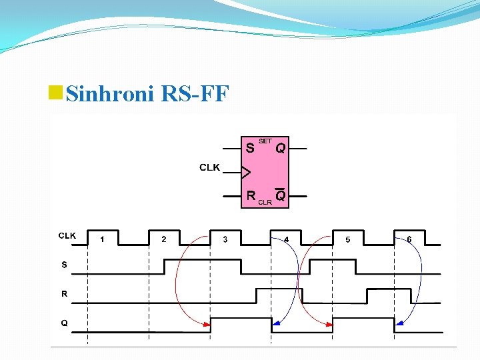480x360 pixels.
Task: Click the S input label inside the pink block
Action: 249,147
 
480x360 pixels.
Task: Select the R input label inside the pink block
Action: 251,196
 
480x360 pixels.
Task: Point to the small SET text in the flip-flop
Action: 265,141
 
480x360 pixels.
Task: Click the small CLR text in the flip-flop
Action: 265,202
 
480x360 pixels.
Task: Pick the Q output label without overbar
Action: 281,149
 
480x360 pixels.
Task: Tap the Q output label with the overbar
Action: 281,196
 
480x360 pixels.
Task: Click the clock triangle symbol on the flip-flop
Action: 245,173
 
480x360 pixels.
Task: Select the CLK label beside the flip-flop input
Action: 209,167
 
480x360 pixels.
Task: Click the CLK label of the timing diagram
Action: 67,235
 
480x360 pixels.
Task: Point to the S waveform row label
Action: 64,265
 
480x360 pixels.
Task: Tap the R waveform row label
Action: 64,293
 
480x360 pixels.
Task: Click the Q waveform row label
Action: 64,323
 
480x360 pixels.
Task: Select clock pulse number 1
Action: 102,239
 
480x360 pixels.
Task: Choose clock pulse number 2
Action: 164,239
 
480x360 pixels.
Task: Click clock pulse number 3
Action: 225,239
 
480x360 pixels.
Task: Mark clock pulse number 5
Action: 348,239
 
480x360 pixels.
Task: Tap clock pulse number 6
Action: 409,239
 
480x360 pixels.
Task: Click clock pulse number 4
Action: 287,239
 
